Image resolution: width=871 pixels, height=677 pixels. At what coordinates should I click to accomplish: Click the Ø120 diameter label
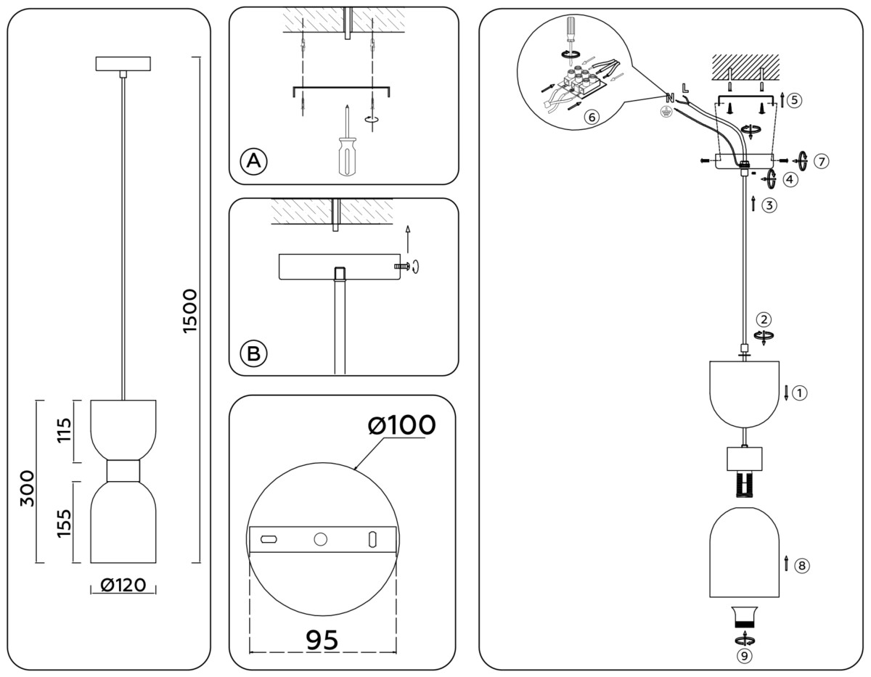tap(123, 586)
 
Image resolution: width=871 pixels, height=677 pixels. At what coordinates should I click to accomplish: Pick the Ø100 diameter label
tap(401, 425)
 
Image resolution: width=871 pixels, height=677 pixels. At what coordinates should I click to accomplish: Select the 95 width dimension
tap(322, 639)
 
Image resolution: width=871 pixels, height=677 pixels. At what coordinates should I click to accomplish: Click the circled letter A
tap(253, 160)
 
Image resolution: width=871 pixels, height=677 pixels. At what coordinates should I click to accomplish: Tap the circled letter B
tap(253, 353)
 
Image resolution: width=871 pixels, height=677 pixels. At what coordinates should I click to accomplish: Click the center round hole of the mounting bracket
tap(319, 540)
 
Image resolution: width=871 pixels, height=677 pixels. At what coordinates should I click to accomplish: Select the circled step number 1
tap(799, 393)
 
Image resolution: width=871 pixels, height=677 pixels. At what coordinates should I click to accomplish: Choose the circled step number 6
tap(592, 115)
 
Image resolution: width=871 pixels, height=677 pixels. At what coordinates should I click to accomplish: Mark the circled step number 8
tap(801, 566)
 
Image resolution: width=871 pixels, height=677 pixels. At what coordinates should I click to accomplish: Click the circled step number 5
tap(795, 99)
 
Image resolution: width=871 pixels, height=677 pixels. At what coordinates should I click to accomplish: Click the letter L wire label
tap(685, 89)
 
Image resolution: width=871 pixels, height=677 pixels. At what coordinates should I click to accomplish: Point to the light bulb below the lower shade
tap(744, 615)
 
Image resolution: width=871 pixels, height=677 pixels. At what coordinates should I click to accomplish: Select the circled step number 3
tap(770, 205)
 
